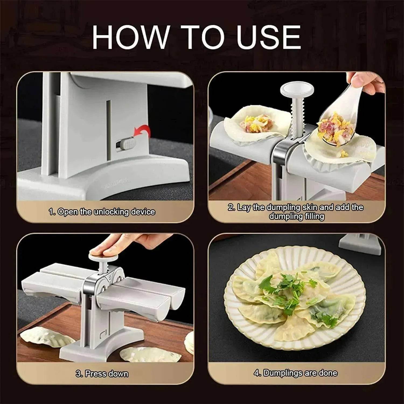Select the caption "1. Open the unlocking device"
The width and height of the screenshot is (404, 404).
pyautogui.click(x=102, y=212)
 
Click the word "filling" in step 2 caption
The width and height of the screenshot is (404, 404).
pyautogui.click(x=315, y=216)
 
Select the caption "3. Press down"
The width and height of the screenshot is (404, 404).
pyautogui.click(x=102, y=374)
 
